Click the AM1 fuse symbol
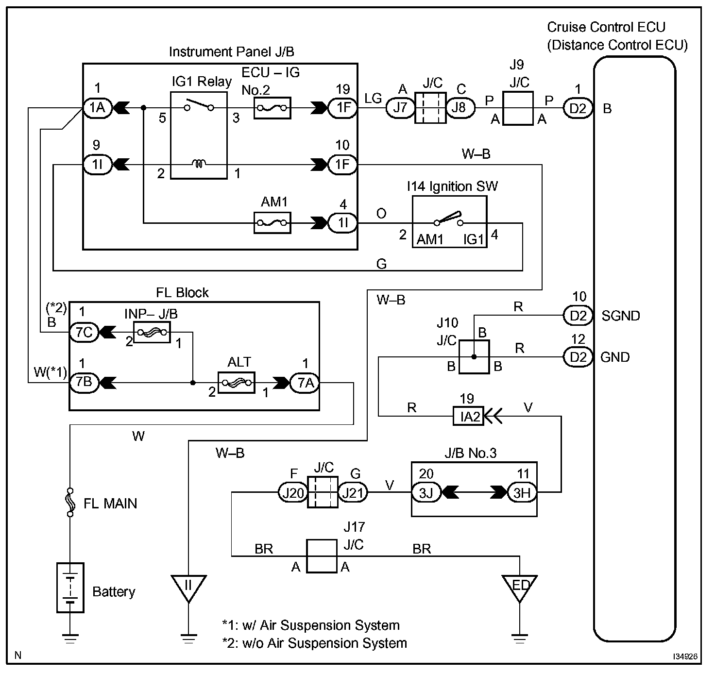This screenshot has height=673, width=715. point(272,223)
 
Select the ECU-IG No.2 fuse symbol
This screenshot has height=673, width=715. point(272,108)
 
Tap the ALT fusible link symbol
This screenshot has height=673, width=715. point(237,383)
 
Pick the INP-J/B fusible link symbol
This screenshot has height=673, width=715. point(152,332)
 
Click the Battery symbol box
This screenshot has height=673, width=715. point(70,588)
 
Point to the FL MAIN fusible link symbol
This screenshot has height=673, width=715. point(70,503)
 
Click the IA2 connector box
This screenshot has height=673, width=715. point(468,417)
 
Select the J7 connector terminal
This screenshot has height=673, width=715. point(400,108)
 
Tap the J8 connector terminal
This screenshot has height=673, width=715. point(460,108)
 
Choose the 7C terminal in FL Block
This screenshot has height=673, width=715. point(84,332)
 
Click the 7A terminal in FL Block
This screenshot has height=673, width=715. point(305,383)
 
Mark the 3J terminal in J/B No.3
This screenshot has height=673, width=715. point(426,492)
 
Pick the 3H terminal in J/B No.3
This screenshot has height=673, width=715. point(522,492)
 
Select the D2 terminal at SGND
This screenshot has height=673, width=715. point(578,315)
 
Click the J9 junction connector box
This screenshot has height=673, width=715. point(518,108)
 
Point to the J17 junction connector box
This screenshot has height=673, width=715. point(322,556)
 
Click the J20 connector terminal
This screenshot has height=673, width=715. point(293,492)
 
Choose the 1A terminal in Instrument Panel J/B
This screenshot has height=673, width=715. point(98,108)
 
